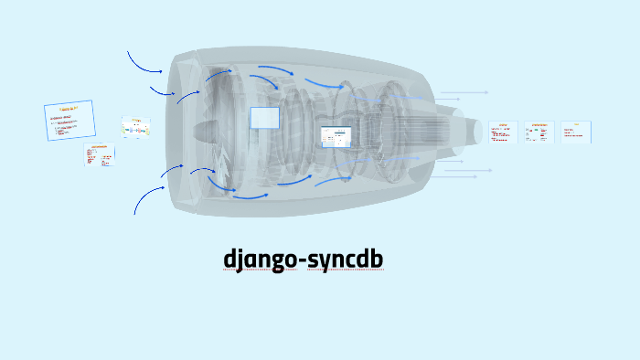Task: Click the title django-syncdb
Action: pyautogui.click(x=304, y=259)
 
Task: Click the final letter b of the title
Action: pyautogui.click(x=376, y=259)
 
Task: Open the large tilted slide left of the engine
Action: pyautogui.click(x=69, y=121)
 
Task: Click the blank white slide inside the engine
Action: pyautogui.click(x=264, y=118)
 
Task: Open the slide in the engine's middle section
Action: pyautogui.click(x=336, y=137)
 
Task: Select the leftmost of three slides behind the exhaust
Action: pyautogui.click(x=503, y=132)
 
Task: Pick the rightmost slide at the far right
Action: pyautogui.click(x=575, y=132)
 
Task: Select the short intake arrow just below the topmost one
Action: pyautogui.click(x=162, y=90)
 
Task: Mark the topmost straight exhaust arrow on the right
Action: pyautogui.click(x=464, y=92)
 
